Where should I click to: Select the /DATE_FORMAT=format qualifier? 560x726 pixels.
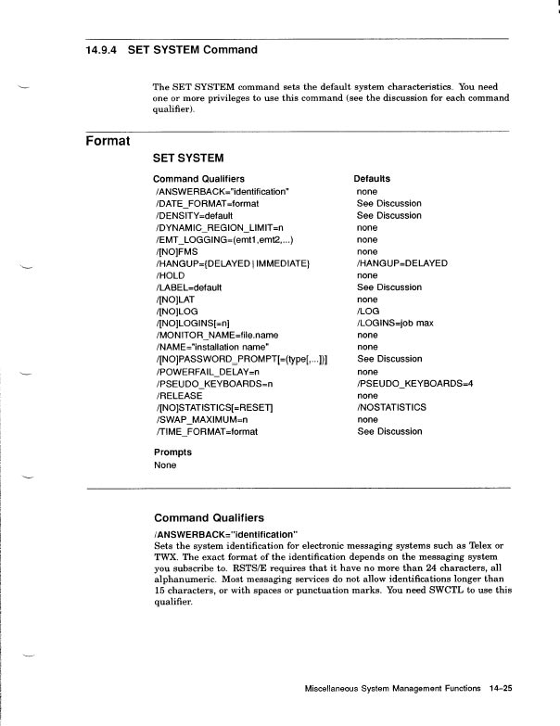[x=206, y=203]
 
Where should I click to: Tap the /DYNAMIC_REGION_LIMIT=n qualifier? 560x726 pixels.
[x=219, y=227]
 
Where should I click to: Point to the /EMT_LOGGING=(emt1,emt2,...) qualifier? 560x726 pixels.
[x=223, y=239]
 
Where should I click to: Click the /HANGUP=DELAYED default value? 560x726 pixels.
[x=401, y=263]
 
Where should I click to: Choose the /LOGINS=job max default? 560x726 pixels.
[x=395, y=323]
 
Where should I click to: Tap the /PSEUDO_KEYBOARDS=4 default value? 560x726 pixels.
[x=415, y=383]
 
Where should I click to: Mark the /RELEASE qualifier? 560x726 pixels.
[x=178, y=395]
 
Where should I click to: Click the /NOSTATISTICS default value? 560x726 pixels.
[x=391, y=407]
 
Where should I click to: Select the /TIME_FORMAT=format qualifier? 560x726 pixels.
[x=206, y=431]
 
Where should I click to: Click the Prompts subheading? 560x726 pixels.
[x=172, y=452]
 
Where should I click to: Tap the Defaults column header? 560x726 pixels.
[x=372, y=179]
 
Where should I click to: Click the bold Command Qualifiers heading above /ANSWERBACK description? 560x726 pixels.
[x=209, y=518]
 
